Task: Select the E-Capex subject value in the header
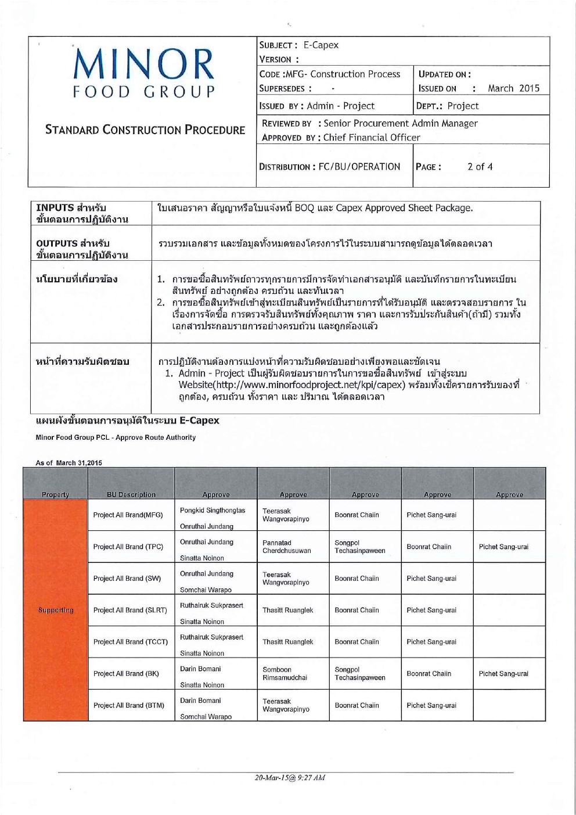[321, 45]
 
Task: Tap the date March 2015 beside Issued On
[513, 88]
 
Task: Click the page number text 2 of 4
[480, 167]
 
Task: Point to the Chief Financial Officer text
[372, 138]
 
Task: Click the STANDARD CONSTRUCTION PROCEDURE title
[145, 130]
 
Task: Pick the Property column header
[55, 495]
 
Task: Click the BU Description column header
[131, 495]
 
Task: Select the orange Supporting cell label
[56, 610]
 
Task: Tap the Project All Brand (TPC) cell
[128, 547]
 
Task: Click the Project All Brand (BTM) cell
[129, 705]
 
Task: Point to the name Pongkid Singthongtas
[213, 510]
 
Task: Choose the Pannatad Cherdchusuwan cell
[287, 547]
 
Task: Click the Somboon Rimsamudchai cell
[285, 673]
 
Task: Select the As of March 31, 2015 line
[69, 463]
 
